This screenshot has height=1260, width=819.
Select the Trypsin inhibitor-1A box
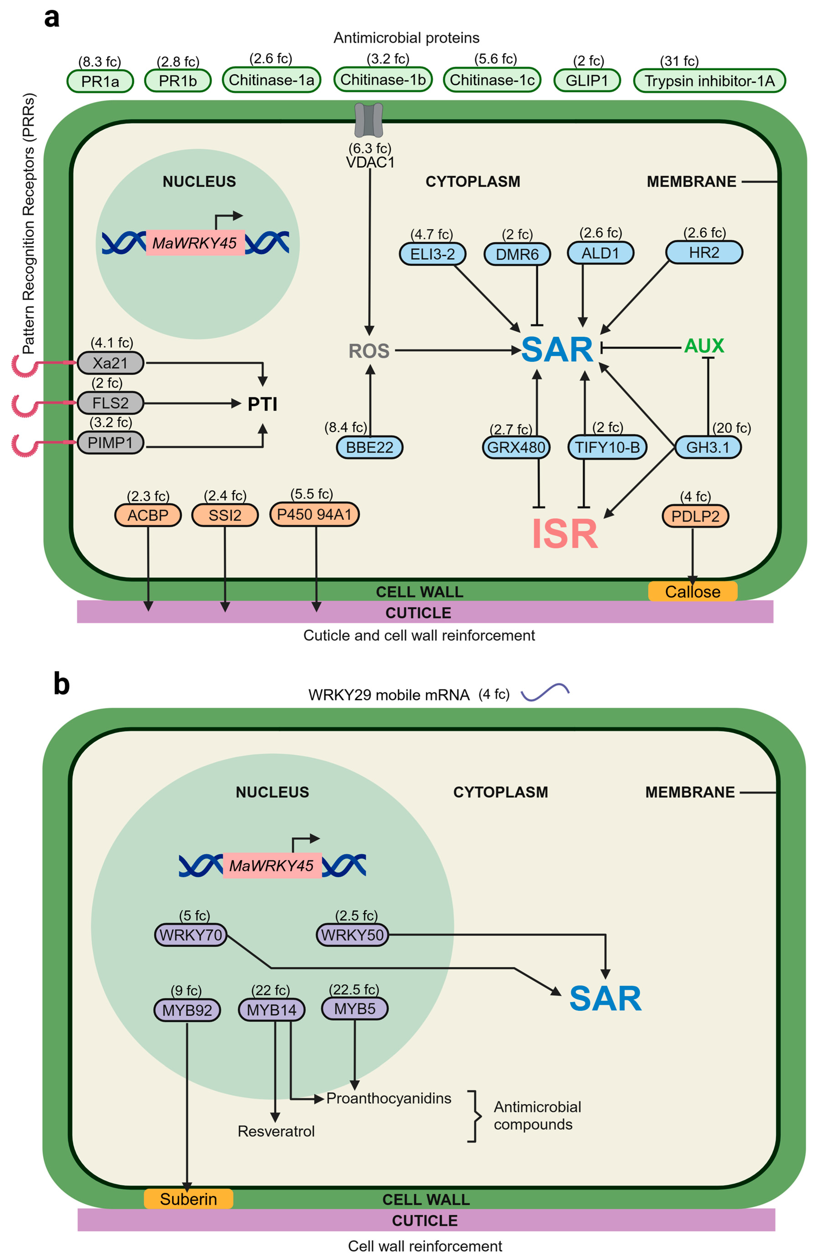(x=709, y=81)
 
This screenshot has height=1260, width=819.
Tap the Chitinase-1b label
(x=383, y=79)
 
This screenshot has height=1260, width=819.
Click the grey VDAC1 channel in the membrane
(x=369, y=120)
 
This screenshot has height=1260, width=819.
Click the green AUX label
(x=704, y=346)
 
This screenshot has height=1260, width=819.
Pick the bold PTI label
(x=263, y=404)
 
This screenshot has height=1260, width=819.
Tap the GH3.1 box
(x=708, y=447)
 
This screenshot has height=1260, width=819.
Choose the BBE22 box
(x=370, y=447)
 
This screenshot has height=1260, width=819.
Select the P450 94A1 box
(x=315, y=514)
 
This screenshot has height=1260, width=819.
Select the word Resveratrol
(x=276, y=1131)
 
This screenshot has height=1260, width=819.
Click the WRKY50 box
(x=352, y=934)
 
